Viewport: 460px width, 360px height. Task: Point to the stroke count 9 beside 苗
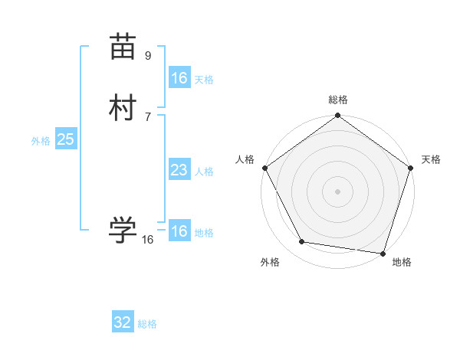pyautogui.click(x=148, y=55)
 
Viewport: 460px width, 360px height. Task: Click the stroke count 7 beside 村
pyautogui.click(x=148, y=116)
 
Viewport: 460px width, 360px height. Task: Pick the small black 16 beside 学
pyautogui.click(x=148, y=240)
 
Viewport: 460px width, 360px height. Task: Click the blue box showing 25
pyautogui.click(x=65, y=139)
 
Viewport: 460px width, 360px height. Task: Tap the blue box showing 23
pyautogui.click(x=179, y=170)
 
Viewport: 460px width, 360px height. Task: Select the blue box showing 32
pyautogui.click(x=123, y=322)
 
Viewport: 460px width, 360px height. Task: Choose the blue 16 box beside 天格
pyautogui.click(x=179, y=78)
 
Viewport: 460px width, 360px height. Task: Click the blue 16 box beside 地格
pyautogui.click(x=179, y=231)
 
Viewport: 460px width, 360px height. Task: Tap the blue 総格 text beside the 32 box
pyautogui.click(x=147, y=324)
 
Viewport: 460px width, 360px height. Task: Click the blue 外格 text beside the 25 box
pyautogui.click(x=41, y=141)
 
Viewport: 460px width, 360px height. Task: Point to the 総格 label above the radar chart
pyautogui.click(x=338, y=100)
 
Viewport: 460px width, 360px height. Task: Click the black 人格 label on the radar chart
pyautogui.click(x=245, y=159)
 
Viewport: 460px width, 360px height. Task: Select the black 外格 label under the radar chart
pyautogui.click(x=270, y=262)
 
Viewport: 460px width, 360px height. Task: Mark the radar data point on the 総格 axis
pyautogui.click(x=338, y=116)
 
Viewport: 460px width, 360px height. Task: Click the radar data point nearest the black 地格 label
pyautogui.click(x=383, y=253)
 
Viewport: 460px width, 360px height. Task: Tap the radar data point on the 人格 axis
pyautogui.click(x=265, y=168)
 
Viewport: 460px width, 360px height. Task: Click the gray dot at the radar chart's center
pyautogui.click(x=338, y=191)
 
